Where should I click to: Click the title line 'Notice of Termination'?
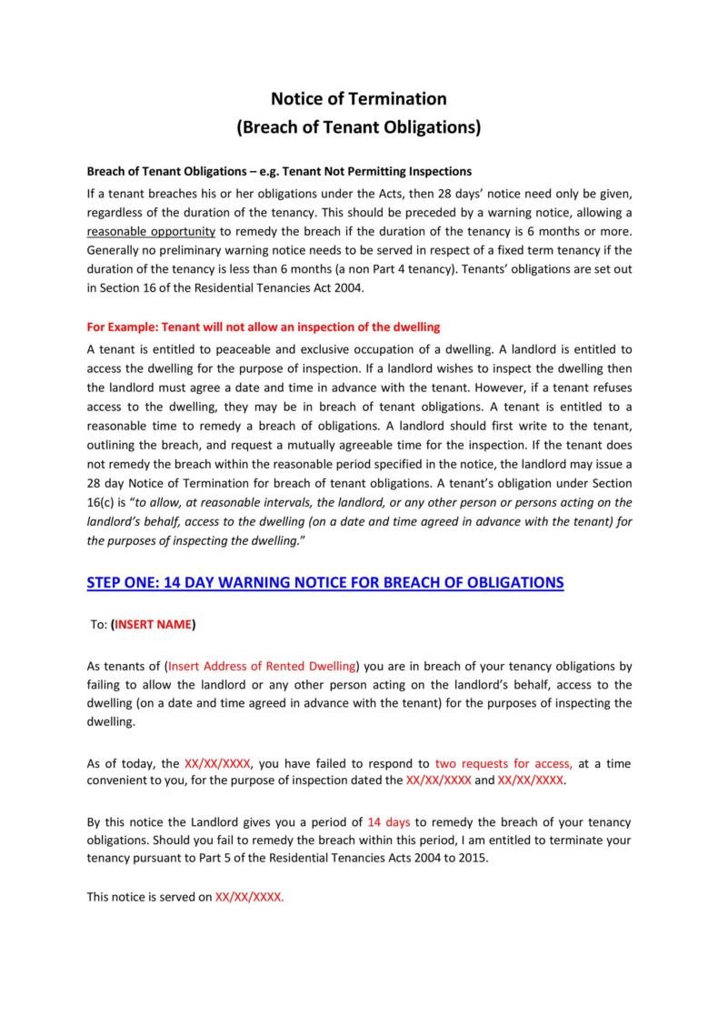pyautogui.click(x=358, y=98)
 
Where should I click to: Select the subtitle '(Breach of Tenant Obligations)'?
pyautogui.click(x=358, y=127)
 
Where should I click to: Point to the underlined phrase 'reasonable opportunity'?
pyautogui.click(x=151, y=231)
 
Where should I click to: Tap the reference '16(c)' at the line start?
pyautogui.click(x=101, y=501)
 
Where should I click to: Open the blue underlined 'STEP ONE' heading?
pyautogui.click(x=324, y=582)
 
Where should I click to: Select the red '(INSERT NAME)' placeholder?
pyautogui.click(x=153, y=625)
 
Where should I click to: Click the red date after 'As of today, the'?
pyautogui.click(x=218, y=764)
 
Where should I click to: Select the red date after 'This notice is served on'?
pyautogui.click(x=250, y=896)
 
